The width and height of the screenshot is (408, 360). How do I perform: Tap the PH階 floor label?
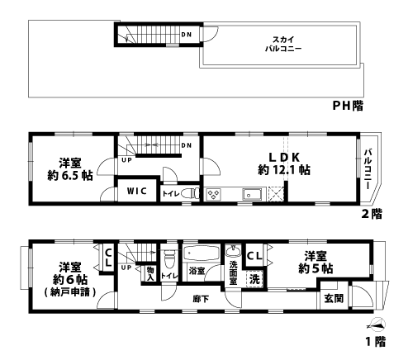[348, 106]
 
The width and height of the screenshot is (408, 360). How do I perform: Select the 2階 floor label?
[371, 213]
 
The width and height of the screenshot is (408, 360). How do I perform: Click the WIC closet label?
[136, 192]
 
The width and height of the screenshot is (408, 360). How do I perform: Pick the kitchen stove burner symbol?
[213, 195]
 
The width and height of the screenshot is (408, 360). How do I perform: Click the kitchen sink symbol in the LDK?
[252, 195]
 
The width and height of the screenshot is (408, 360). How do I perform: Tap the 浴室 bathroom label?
[197, 270]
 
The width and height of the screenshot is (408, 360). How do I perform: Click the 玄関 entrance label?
[333, 298]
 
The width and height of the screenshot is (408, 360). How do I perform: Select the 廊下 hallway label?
[199, 298]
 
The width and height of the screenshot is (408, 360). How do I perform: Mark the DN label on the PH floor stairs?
[186, 35]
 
